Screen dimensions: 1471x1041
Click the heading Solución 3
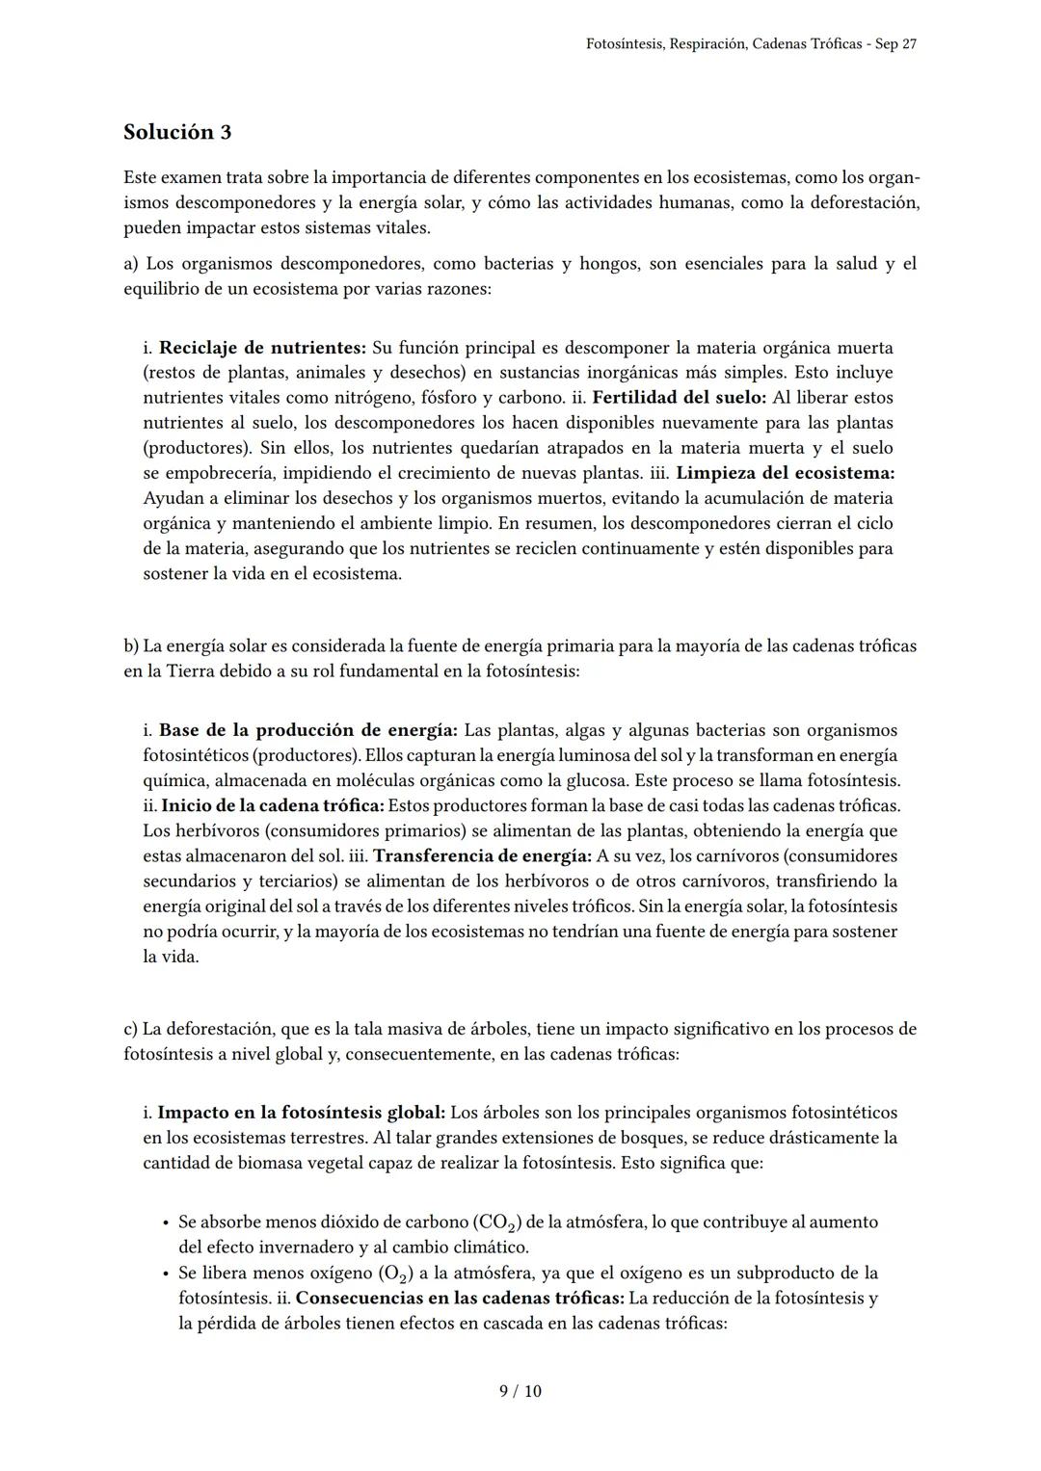pos(177,132)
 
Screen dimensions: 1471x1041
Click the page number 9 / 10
pos(520,1391)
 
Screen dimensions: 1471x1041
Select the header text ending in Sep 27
pos(751,45)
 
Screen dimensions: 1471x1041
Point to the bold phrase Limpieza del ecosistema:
pos(785,473)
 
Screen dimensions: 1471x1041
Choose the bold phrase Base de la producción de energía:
pos(307,730)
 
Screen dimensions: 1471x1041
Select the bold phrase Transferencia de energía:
pos(482,855)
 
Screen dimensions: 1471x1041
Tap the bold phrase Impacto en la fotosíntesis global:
pos(301,1113)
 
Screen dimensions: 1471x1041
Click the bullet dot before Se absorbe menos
pos(165,1222)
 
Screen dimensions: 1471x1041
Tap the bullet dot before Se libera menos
pos(165,1273)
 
